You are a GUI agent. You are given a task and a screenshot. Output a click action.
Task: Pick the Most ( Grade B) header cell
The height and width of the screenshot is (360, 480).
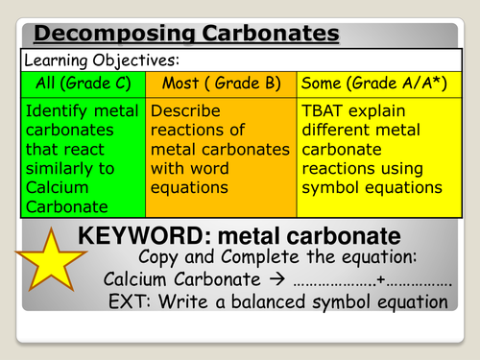click(x=221, y=83)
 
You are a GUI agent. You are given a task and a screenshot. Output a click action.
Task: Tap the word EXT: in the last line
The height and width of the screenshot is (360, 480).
click(x=132, y=302)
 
